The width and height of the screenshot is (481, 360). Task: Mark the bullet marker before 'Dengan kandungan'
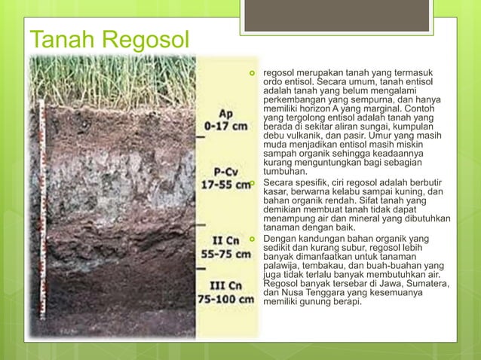[255, 239]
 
